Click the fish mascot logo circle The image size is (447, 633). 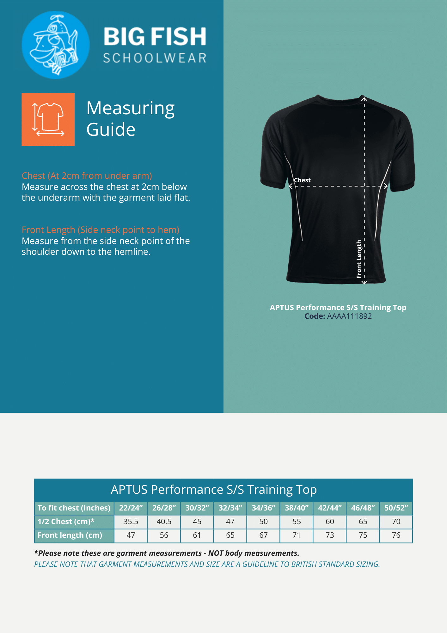coord(56,45)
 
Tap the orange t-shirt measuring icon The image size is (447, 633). coord(48,119)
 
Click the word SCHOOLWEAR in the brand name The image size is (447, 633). coord(155,58)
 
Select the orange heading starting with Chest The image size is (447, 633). coord(87,176)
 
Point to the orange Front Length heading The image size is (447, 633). coord(100,230)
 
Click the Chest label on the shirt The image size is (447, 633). coord(302,180)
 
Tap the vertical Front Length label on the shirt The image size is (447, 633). coord(359,259)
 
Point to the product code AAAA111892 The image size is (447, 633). coord(349,316)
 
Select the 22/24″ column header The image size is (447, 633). coord(131,508)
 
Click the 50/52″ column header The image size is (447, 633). coord(396,508)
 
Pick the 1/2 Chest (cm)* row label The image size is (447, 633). coord(66,522)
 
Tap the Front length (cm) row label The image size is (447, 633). coord(70,535)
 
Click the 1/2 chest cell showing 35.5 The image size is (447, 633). coord(131,522)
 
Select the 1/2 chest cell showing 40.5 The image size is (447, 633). coord(164,522)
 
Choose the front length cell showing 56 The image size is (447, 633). coord(164,535)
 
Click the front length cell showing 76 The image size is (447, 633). coord(396,535)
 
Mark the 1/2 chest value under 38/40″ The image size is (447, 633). coord(297,522)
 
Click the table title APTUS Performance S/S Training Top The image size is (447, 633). coord(214,490)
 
